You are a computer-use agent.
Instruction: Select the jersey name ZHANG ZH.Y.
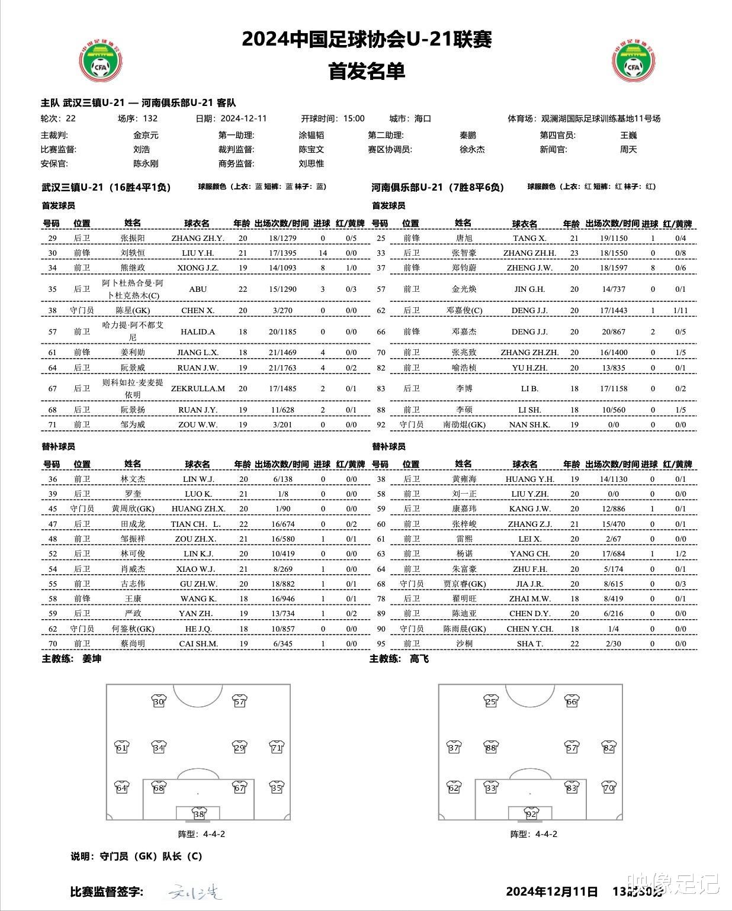tap(198, 238)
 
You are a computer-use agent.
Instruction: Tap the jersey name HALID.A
tap(198, 331)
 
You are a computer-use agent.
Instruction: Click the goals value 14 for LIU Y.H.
tap(323, 253)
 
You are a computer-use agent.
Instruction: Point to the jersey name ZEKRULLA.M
tap(198, 388)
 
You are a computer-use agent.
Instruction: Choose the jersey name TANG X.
tap(529, 238)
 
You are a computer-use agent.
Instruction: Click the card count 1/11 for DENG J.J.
tap(680, 310)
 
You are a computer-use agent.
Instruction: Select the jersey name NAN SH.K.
tap(529, 424)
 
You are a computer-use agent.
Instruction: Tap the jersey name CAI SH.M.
tap(198, 643)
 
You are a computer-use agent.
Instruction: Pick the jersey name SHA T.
tap(529, 643)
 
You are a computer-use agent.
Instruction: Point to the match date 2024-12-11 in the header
tap(243, 118)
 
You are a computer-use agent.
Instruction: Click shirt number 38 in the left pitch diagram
tap(199, 814)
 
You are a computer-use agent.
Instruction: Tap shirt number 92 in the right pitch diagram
tap(531, 814)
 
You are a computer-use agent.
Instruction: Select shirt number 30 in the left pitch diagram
tap(158, 702)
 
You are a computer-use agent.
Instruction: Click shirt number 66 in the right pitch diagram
tap(572, 702)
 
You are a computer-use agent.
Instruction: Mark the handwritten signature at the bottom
tap(195, 891)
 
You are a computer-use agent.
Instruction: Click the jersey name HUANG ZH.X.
tap(198, 508)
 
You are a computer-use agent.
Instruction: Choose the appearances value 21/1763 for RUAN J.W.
tap(282, 368)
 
